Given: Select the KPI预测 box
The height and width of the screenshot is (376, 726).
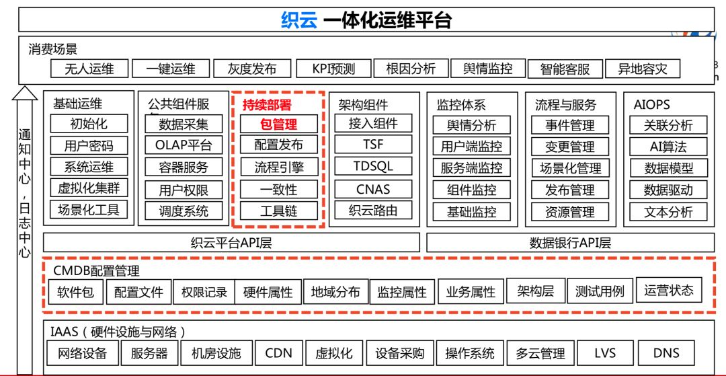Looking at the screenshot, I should (x=333, y=69).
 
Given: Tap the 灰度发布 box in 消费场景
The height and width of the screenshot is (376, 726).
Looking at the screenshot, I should (x=252, y=69).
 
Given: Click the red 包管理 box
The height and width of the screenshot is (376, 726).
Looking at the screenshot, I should (x=278, y=124).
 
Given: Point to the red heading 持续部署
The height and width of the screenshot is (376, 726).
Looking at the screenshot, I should (x=267, y=105).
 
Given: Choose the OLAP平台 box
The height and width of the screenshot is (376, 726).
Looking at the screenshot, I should (x=184, y=145).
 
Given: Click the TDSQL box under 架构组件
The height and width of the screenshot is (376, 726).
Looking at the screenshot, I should (x=373, y=166).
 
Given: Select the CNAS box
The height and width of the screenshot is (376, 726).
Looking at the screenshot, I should (x=373, y=189).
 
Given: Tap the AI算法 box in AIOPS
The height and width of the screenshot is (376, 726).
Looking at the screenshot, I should (x=668, y=146).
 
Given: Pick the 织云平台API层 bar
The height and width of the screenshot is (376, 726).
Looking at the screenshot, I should (x=231, y=243).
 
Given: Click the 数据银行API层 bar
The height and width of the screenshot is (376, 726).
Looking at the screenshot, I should (x=570, y=243).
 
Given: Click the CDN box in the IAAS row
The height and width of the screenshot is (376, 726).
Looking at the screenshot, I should (x=278, y=352).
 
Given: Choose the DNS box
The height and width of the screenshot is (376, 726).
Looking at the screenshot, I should (x=666, y=352).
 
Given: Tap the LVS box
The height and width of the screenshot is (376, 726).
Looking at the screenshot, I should (x=605, y=352).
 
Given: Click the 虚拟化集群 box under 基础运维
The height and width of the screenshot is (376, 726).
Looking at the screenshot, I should (x=89, y=188).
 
